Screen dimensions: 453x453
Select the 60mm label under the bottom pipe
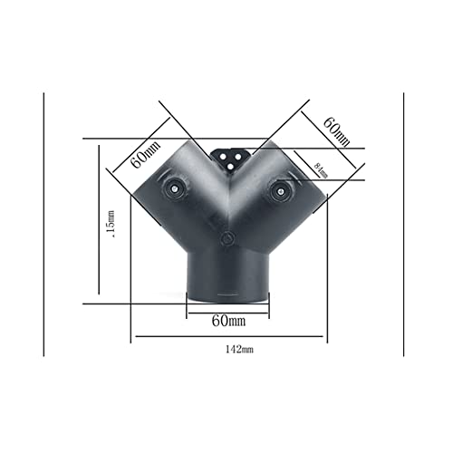[x=228, y=321]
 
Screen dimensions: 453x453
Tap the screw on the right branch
[x=278, y=190]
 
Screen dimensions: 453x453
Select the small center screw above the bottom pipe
[x=226, y=240]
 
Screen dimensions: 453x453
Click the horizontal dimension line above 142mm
[x=229, y=339]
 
